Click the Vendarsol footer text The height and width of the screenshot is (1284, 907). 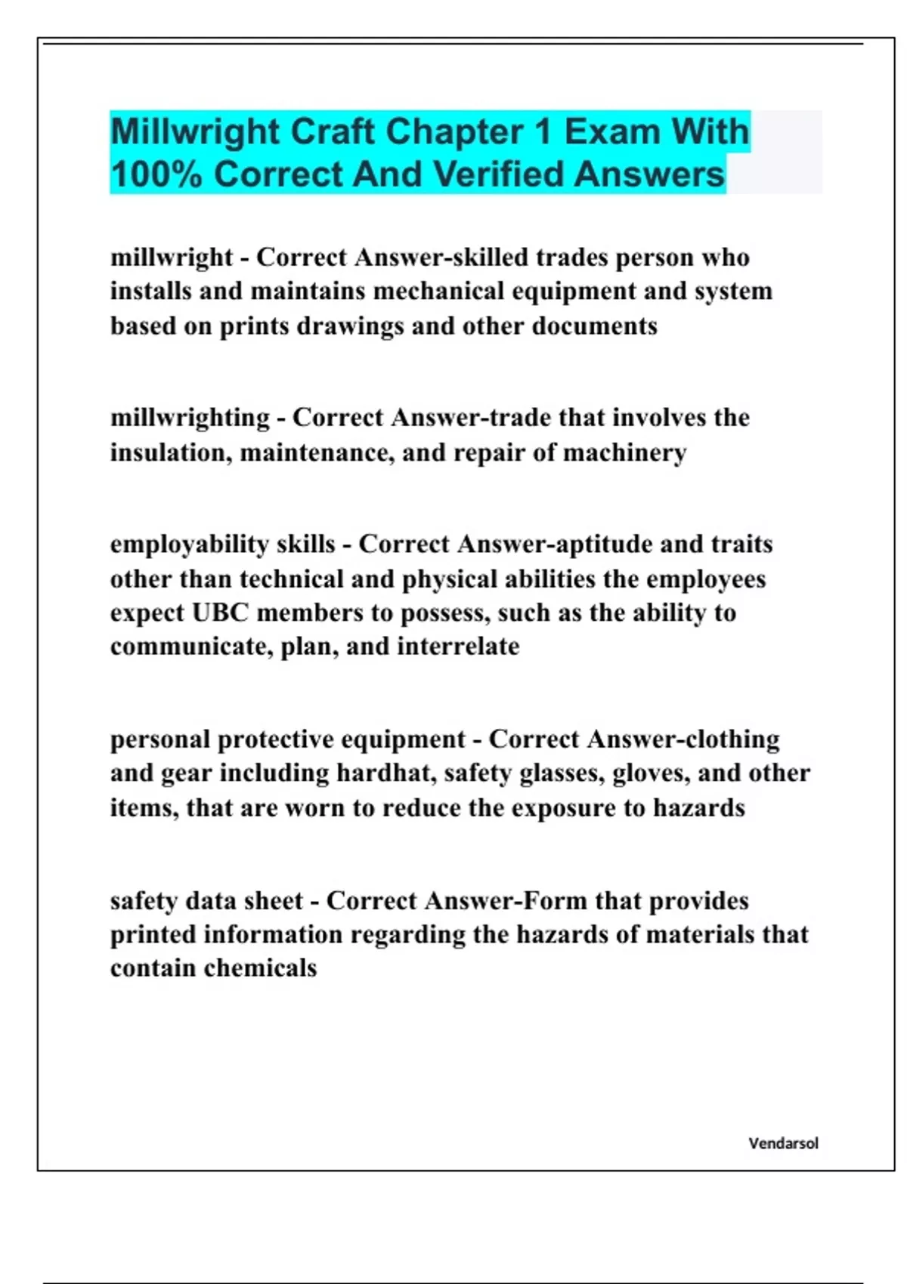(783, 1144)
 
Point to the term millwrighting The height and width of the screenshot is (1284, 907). (190, 418)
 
